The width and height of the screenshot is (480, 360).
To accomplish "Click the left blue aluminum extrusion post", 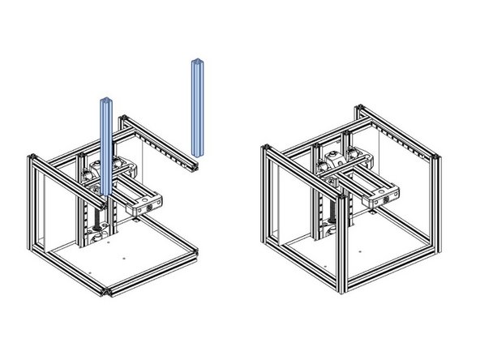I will [x=106, y=146].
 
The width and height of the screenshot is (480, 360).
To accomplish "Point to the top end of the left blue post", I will [x=106, y=101].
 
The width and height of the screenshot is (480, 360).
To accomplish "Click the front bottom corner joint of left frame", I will [x=109, y=289].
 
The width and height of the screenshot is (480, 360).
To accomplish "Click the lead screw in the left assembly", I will [x=97, y=219].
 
